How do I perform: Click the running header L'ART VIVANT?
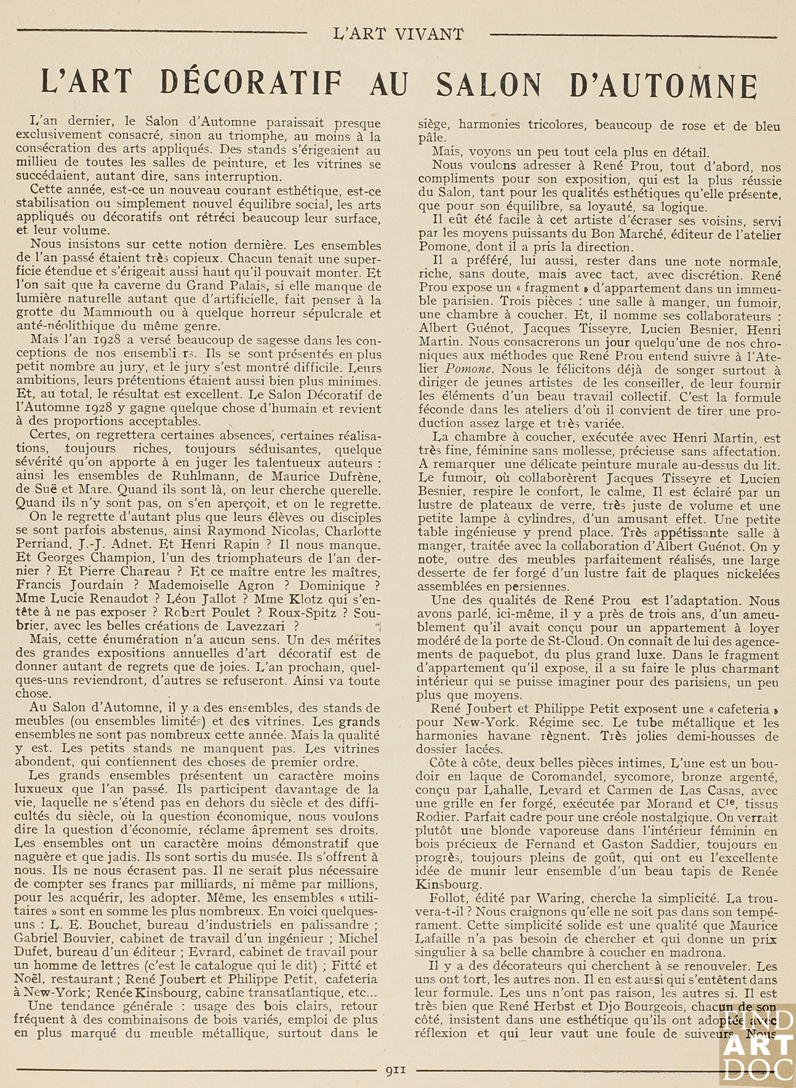398,34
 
